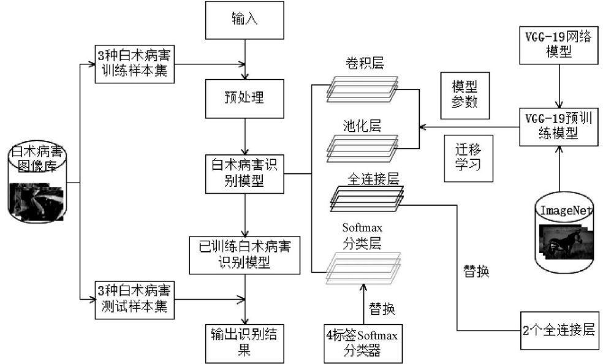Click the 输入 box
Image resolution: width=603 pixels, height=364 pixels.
click(245, 20)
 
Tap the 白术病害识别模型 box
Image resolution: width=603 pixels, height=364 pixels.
click(245, 173)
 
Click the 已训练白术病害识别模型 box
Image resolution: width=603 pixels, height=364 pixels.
click(245, 254)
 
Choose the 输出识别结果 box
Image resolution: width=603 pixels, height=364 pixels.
click(245, 341)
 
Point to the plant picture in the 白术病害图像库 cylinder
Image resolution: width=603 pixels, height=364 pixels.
click(38, 203)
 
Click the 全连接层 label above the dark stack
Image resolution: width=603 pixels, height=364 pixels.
click(373, 179)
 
